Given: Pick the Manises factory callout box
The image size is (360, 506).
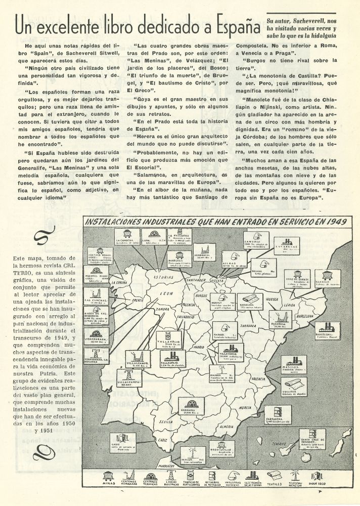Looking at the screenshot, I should [294, 364].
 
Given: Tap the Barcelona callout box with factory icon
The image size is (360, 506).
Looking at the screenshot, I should [327, 330].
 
